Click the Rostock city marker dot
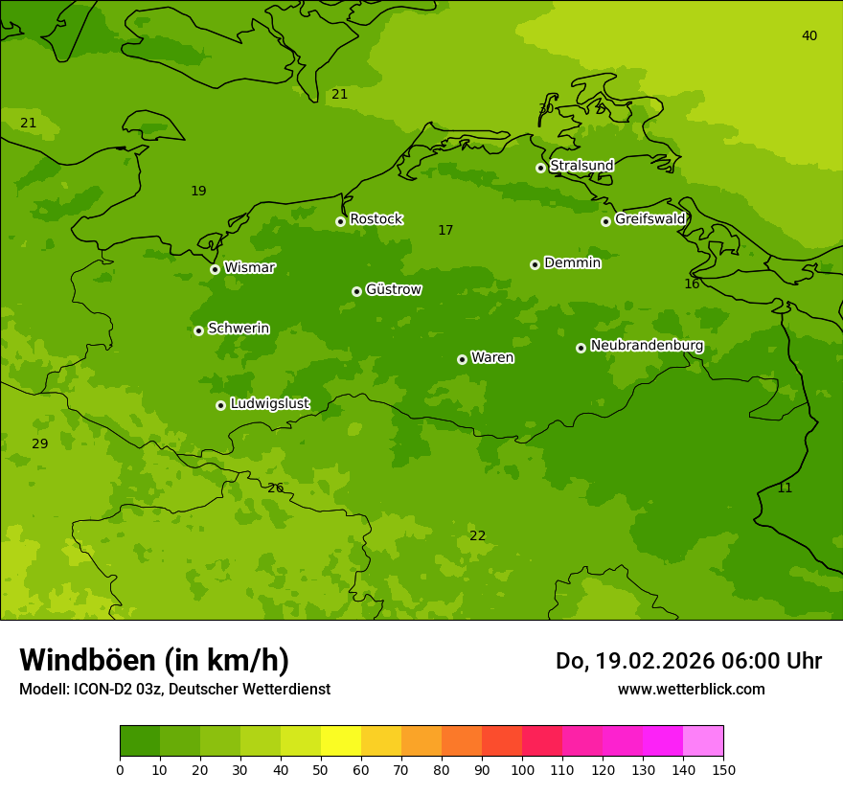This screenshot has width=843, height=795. coord(340,221)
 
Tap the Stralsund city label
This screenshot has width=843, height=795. coord(581,166)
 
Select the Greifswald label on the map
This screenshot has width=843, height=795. coord(649,219)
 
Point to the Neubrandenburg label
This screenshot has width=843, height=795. coord(647,346)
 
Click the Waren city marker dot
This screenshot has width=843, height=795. coord(462,359)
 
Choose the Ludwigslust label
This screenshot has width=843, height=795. coord(269,404)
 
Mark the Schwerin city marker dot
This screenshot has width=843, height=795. coord(198,330)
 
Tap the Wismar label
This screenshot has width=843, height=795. coord(249,268)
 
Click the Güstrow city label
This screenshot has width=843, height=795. coord(393,289)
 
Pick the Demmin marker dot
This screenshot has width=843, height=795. coord(535,264)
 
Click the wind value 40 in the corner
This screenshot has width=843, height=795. coord(809,36)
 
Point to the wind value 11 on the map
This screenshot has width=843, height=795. coord(785,488)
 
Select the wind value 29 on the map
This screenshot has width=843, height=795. coord(39,444)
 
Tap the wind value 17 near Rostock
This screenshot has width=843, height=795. coord(445,231)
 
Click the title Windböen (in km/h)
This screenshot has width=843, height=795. coord(154,660)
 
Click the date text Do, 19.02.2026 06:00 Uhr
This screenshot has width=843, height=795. coord(688,661)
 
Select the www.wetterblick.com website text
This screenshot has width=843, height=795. coord(691,690)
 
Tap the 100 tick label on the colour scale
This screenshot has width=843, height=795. coord(522,770)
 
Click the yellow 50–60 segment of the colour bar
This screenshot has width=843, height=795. coord(341,741)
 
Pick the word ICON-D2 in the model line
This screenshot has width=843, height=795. coord(103,690)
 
